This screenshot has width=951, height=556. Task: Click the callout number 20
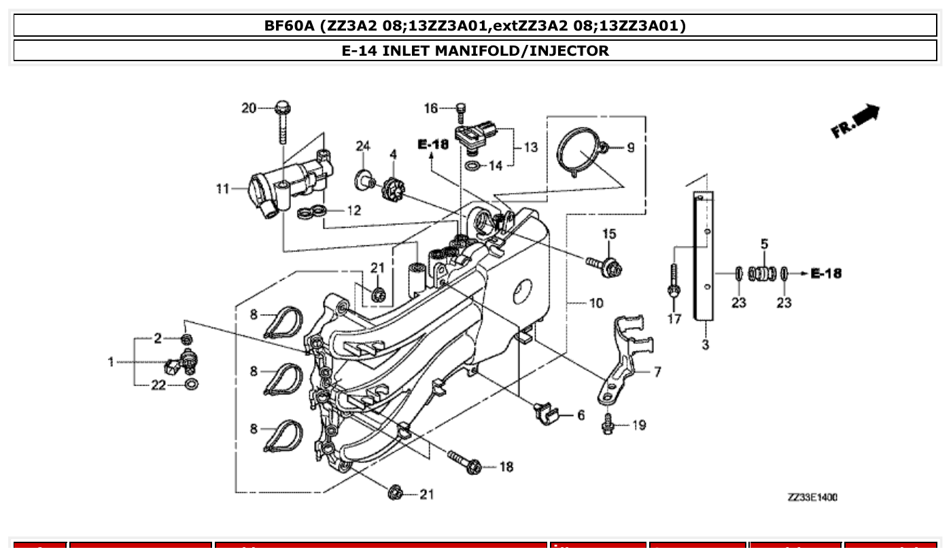coord(249,107)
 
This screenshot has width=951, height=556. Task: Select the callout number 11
coord(223,188)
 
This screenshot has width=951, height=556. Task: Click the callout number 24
coord(363,145)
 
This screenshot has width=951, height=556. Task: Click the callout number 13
coord(530,147)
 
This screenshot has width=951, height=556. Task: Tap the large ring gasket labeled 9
coord(579,151)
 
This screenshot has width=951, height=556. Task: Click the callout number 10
coord(595,302)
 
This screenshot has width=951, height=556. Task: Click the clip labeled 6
coord(546,413)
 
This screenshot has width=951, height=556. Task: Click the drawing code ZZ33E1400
coord(812,498)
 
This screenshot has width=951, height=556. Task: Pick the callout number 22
coord(158,385)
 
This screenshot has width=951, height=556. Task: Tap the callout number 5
coord(764,243)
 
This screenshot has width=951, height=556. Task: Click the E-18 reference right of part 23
coord(826,273)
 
